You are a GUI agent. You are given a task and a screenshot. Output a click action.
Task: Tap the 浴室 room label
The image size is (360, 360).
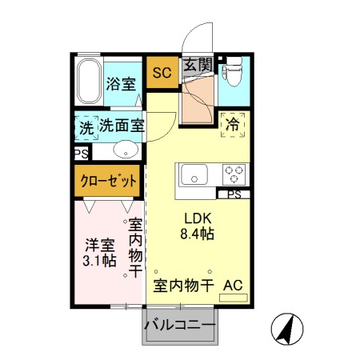[122, 83]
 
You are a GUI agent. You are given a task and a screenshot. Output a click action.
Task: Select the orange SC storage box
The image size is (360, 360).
[162, 72]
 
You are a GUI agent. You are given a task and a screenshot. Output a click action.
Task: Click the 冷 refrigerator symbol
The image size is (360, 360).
[233, 125]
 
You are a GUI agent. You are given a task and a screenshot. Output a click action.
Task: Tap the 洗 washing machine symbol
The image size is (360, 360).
[86, 126]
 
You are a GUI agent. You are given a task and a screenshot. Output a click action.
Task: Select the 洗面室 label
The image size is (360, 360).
[122, 126]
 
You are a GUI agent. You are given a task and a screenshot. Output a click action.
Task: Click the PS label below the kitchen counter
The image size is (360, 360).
[234, 194]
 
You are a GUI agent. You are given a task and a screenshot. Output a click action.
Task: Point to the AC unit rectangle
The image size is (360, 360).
[234, 297]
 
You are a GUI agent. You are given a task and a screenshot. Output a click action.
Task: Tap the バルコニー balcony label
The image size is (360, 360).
[180, 326]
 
